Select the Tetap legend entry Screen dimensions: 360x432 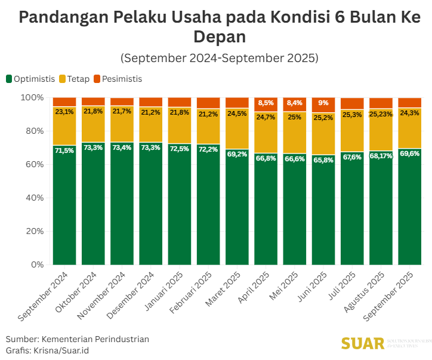[78, 79]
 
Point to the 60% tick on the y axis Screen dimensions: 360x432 [34, 164]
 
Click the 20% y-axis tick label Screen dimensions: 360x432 [34, 231]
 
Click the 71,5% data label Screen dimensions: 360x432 [64, 150]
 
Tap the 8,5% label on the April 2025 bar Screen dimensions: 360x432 [266, 103]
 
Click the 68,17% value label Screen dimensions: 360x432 [381, 156]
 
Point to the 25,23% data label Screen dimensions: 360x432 [381, 113]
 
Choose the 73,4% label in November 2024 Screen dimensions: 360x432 [122, 147]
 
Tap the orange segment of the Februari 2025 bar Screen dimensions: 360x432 [208, 103]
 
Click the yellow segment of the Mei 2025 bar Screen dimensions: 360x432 [295, 134]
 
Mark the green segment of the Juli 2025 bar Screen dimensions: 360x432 [352, 215]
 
